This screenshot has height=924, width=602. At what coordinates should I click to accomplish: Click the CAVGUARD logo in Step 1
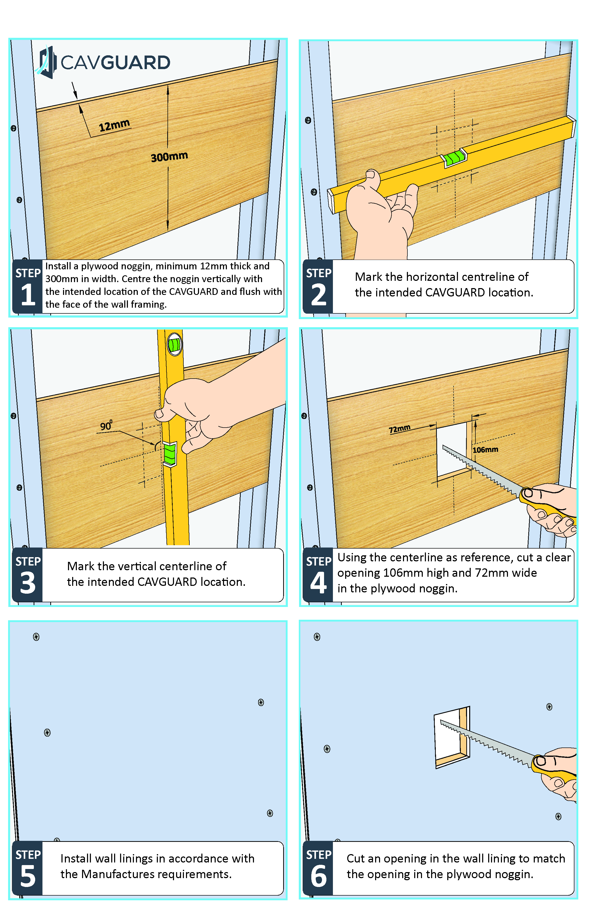(103, 62)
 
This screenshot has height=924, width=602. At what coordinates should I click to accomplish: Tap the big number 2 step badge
(319, 294)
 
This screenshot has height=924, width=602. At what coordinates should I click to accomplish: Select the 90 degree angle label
(106, 425)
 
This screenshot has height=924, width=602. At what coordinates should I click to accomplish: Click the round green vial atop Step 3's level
(175, 344)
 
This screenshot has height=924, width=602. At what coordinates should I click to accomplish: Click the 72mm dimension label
(400, 429)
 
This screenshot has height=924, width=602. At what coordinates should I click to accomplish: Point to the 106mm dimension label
(485, 449)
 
